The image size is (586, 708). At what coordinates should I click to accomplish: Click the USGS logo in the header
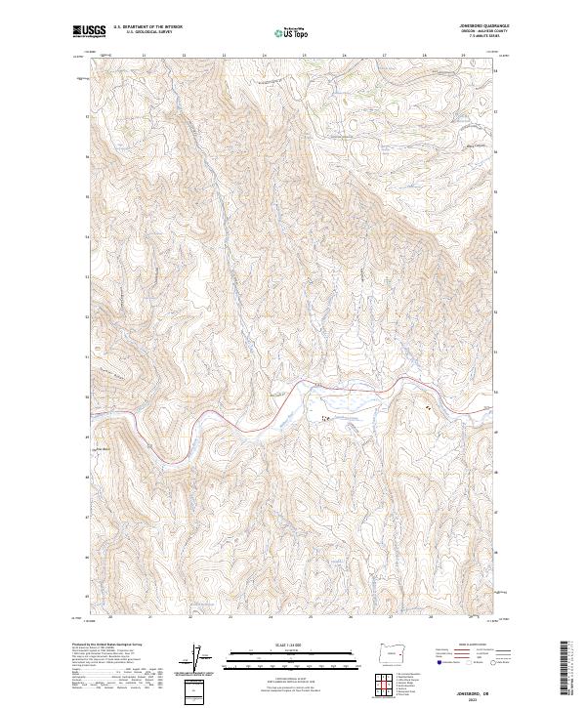click(x=87, y=31)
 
